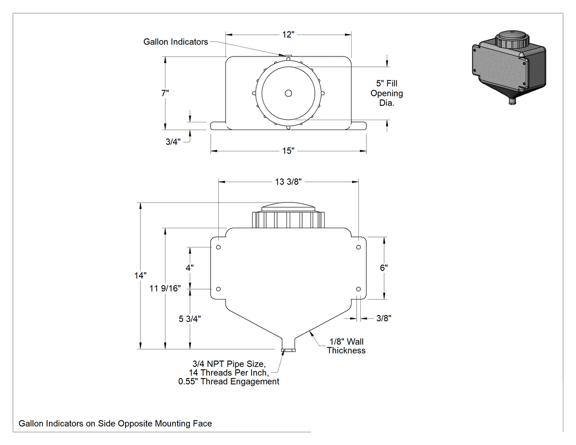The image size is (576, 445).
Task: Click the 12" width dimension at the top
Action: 289,35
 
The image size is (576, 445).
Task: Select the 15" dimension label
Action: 289,151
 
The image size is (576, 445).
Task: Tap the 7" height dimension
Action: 165,93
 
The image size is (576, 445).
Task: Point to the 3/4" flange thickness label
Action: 173,142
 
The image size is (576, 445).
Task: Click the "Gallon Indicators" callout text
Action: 176,42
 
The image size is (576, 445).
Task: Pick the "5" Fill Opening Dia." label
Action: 386,93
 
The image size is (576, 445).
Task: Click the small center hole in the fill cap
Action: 289,93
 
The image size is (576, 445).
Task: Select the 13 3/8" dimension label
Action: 289,182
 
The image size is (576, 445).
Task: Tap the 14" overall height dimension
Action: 140,275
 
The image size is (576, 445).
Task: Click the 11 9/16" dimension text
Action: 165,289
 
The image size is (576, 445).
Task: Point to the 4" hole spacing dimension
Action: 190,268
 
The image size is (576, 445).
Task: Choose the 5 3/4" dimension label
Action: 190,319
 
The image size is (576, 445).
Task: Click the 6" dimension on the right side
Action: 384,268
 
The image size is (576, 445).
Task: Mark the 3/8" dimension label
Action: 384,318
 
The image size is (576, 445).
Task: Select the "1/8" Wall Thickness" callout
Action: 346,346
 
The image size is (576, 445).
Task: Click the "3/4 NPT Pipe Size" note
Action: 229,364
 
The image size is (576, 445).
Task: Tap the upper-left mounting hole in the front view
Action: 218,247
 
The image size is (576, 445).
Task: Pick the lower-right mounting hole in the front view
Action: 359,289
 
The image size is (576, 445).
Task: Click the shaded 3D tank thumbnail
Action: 509,67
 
